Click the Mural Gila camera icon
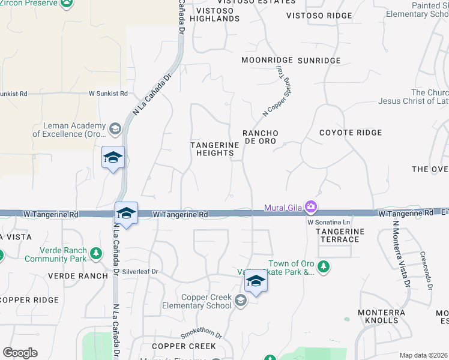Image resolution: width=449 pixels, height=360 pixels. point(311,208)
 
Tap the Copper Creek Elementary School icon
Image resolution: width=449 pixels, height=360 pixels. point(241,301)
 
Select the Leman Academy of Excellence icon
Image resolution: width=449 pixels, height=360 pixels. point(114,128)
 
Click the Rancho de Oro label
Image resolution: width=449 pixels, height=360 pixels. point(259,136)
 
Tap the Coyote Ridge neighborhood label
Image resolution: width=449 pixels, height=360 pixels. point(350,133)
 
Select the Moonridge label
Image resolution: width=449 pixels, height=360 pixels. point(267,61)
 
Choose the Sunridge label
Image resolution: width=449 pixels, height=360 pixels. point(319,61)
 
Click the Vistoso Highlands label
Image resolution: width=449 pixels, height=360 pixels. point(215,14)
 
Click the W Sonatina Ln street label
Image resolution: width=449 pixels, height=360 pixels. point(328,222)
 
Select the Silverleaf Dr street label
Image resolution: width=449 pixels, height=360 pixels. point(140,272)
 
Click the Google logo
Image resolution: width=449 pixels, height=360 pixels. point(20,353)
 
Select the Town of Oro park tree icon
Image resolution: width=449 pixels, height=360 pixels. point(324,265)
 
